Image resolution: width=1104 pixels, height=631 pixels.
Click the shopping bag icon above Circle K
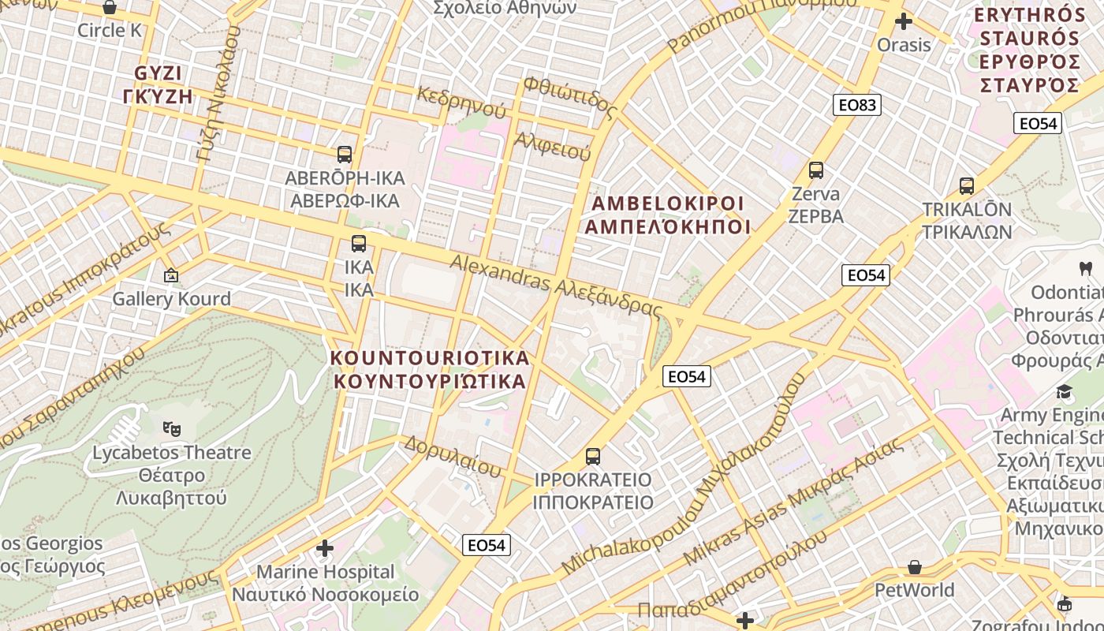(110, 8)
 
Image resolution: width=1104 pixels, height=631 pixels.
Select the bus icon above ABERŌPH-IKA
(345, 154)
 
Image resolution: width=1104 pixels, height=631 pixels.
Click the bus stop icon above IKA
(359, 244)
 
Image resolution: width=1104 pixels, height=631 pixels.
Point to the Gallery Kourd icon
(170, 275)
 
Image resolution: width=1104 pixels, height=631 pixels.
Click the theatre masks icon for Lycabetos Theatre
(172, 429)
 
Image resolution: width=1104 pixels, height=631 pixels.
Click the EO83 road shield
(857, 105)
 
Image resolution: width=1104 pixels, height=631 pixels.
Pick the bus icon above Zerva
(816, 170)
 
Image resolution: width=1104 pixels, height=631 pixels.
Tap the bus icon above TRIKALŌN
(967, 186)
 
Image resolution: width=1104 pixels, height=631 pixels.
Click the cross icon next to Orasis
(904, 21)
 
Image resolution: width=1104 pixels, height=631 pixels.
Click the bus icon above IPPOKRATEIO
(593, 456)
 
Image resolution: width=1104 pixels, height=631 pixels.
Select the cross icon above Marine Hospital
(325, 547)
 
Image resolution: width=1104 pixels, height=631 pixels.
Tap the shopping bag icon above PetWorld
(915, 566)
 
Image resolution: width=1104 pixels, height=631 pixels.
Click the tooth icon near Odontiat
(1085, 268)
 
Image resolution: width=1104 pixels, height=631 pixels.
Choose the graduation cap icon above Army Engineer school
(1065, 391)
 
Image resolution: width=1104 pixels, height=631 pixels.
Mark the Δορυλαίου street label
(453, 456)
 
